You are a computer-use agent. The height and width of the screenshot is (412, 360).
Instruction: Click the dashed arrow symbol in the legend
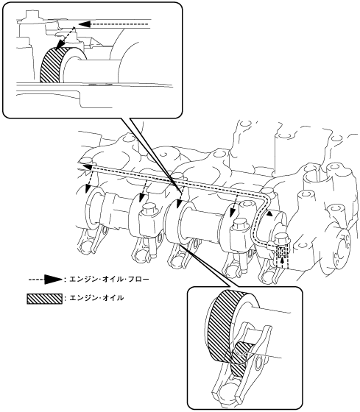click(46, 279)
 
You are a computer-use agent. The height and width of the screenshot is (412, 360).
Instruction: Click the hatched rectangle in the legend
click(45, 299)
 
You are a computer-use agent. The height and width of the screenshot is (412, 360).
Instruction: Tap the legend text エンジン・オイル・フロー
click(109, 279)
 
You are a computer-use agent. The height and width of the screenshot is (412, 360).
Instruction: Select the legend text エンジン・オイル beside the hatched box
click(96, 298)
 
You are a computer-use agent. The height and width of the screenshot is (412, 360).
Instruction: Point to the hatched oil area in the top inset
click(52, 65)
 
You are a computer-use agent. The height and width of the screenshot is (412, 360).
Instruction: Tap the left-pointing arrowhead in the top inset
click(84, 24)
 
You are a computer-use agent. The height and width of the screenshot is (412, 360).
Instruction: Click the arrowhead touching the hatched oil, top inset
click(59, 45)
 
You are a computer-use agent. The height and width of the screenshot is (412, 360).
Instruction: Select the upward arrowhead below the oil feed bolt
click(282, 261)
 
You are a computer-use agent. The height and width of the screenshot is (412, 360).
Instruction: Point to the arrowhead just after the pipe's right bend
click(269, 214)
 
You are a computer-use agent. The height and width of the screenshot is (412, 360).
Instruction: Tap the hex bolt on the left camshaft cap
click(147, 210)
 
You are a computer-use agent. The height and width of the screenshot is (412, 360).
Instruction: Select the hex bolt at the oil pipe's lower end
click(281, 238)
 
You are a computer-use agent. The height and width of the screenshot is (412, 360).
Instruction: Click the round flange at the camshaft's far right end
click(341, 249)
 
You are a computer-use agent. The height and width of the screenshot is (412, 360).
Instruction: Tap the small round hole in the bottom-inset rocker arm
click(257, 360)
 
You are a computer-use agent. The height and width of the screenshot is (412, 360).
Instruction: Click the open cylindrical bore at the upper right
click(317, 177)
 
